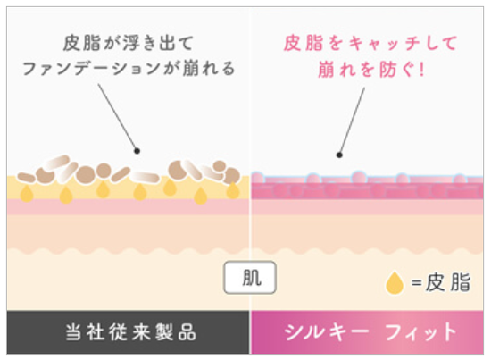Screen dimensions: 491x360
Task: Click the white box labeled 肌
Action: pyautogui.click(x=250, y=277)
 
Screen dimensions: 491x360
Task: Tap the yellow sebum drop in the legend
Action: pyautogui.click(x=395, y=283)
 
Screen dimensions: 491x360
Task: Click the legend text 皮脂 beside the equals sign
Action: pyautogui.click(x=448, y=282)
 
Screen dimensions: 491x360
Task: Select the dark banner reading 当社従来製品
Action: pyautogui.click(x=128, y=332)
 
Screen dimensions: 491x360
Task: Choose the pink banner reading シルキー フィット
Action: pyautogui.click(x=368, y=332)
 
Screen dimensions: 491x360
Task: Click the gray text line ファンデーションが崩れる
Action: pyautogui.click(x=129, y=68)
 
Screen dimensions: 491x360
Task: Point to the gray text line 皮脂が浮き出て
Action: pyautogui.click(x=129, y=43)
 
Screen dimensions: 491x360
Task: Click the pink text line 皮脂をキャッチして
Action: pyautogui.click(x=370, y=43)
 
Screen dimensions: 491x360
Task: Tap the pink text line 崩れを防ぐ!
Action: pyautogui.click(x=371, y=69)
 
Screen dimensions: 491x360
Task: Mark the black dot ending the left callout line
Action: pyautogui.click(x=137, y=151)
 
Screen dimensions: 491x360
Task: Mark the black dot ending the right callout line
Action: pyautogui.click(x=339, y=155)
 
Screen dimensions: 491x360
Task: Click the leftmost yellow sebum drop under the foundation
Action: pyautogui.click(x=27, y=193)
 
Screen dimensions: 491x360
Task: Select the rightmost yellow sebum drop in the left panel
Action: pyautogui.click(x=233, y=190)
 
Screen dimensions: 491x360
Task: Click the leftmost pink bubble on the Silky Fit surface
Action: pyautogui.click(x=257, y=178)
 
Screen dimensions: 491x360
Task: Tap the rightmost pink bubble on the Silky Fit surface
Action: pyautogui.click(x=460, y=180)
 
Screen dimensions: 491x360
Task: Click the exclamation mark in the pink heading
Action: pyautogui.click(x=421, y=69)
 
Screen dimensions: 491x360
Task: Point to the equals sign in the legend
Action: pyautogui.click(x=417, y=283)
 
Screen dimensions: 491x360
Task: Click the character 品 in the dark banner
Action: pyautogui.click(x=187, y=332)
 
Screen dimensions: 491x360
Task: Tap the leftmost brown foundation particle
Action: pyautogui.click(x=26, y=178)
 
